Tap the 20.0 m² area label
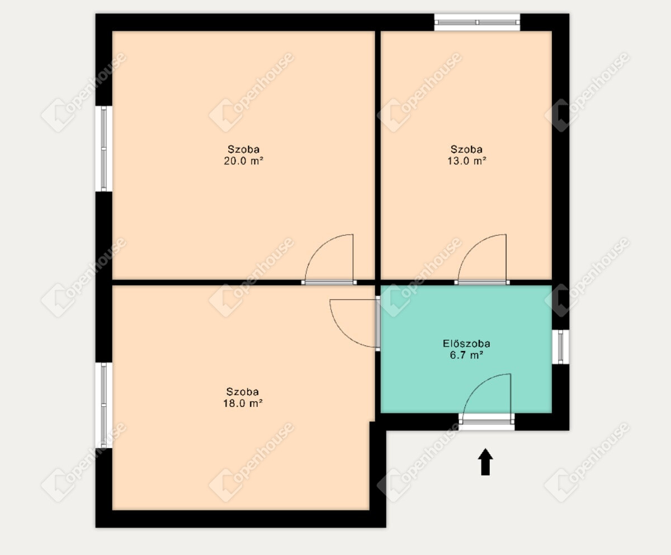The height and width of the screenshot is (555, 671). pyautogui.click(x=243, y=161)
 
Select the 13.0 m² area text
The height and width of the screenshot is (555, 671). pyautogui.click(x=466, y=161)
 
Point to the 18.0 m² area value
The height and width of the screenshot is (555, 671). pyautogui.click(x=243, y=403)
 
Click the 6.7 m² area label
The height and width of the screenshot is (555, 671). pyautogui.click(x=466, y=355)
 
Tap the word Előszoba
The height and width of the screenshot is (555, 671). pyautogui.click(x=466, y=344)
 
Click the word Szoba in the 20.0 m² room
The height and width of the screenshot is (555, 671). pyautogui.click(x=244, y=149)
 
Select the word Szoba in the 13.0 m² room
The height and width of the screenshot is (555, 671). pyautogui.click(x=466, y=149)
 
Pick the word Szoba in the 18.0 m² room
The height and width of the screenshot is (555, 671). pyautogui.click(x=243, y=392)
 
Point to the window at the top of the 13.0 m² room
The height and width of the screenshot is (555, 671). pyautogui.click(x=477, y=22)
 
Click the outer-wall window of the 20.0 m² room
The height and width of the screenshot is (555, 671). pyautogui.click(x=104, y=149)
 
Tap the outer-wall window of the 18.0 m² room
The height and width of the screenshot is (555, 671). pyautogui.click(x=104, y=405)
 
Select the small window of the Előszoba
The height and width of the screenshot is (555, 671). pyautogui.click(x=561, y=347)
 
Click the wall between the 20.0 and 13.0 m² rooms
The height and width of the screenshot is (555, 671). pyautogui.click(x=378, y=155)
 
